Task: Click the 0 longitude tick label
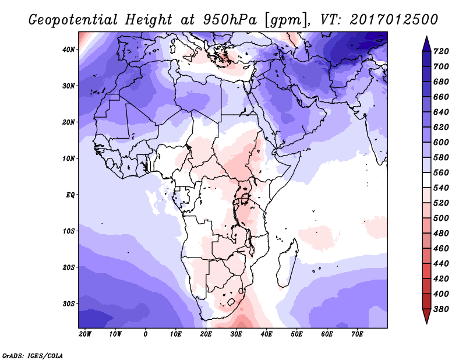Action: click(x=145, y=334)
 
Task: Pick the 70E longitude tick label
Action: click(x=357, y=334)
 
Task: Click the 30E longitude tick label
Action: click(x=236, y=334)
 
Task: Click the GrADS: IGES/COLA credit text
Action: click(x=32, y=354)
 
